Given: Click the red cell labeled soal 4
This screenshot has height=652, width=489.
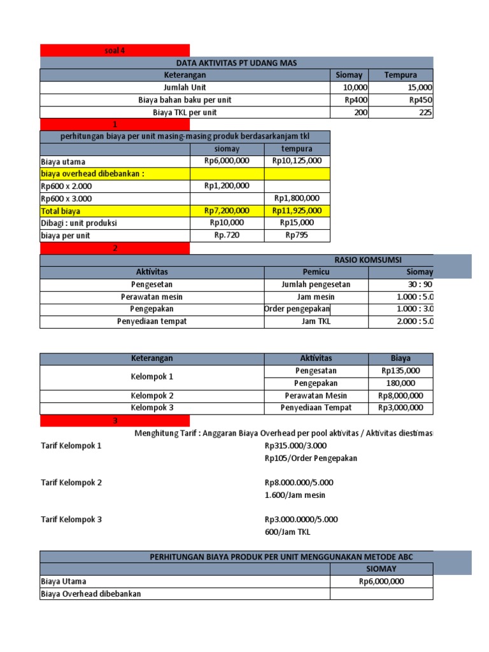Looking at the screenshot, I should click(115, 50).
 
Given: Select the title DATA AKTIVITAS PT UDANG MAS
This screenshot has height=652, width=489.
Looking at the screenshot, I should click(236, 62).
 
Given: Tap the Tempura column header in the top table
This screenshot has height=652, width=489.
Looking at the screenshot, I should click(400, 75).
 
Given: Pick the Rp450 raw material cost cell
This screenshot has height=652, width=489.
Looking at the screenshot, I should click(420, 100).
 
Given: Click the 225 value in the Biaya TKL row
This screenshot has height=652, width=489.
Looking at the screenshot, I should click(425, 112).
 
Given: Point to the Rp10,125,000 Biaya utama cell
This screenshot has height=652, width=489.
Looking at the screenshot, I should click(297, 161).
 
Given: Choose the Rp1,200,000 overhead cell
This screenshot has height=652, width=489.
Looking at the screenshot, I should click(227, 186).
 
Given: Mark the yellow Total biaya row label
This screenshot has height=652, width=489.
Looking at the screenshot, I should click(61, 211).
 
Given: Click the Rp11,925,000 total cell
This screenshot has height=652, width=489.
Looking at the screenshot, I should click(297, 211).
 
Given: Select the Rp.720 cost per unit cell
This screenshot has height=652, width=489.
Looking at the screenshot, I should click(227, 236).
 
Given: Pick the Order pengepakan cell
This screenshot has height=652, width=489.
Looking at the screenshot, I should click(297, 309).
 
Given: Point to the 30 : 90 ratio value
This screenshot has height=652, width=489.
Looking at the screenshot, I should click(420, 285).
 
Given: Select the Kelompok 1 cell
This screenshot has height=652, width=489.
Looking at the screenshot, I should click(152, 377).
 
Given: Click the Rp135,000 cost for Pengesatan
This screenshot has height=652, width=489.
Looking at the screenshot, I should click(400, 371).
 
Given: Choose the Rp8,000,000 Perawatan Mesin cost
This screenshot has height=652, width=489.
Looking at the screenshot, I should click(400, 395).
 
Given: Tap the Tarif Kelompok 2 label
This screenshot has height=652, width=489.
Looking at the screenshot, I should click(71, 483).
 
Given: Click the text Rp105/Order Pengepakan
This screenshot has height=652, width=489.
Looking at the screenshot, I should click(311, 458).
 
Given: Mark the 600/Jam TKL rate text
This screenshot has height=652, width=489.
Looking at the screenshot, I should click(288, 532).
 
